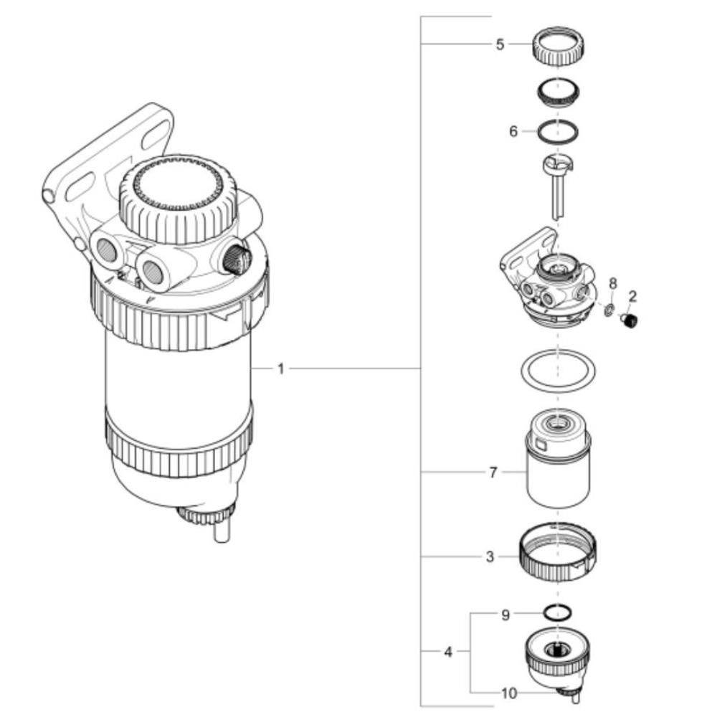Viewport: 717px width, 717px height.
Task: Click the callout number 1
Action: coord(281,369)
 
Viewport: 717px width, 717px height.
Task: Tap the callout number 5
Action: coord(500,44)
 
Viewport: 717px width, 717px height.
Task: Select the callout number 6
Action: coord(513,132)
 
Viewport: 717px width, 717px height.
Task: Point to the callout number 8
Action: coord(613,283)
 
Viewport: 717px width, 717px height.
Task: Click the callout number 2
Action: coord(632,296)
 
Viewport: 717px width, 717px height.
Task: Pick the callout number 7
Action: coord(493,473)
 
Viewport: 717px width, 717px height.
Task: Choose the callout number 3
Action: coord(490,557)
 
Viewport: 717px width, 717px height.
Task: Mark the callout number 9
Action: coord(505,615)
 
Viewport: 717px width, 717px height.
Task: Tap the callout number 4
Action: coord(448,652)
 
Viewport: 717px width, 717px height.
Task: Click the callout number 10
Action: coord(509,693)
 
